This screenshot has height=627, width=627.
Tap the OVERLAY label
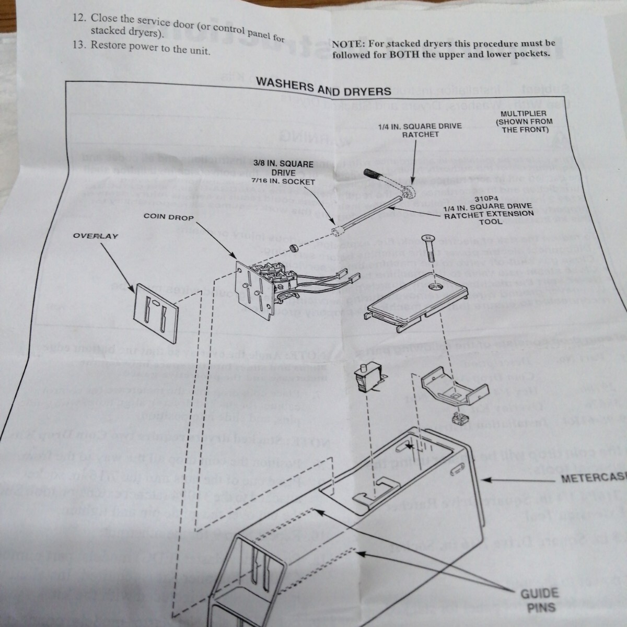pyautogui.click(x=96, y=236)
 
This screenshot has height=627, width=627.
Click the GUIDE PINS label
pyautogui.click(x=539, y=600)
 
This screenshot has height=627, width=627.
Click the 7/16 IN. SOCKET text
pyautogui.click(x=284, y=182)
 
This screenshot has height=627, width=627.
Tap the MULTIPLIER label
pyautogui.click(x=523, y=113)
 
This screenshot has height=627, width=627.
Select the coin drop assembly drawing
pyautogui.click(x=264, y=285)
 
